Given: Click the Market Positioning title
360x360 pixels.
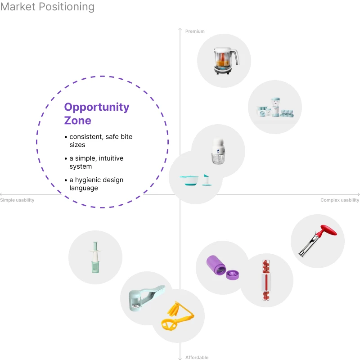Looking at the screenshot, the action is click(47, 7).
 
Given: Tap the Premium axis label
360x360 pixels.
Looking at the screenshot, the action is click(195, 31).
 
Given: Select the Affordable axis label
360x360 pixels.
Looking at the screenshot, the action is click(197, 358).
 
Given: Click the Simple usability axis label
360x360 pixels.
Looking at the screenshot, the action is click(17, 200).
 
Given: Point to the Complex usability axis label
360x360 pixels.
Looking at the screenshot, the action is click(340, 200).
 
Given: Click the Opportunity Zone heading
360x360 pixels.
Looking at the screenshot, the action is click(96, 114).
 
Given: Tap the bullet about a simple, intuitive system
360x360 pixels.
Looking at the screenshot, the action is click(95, 162).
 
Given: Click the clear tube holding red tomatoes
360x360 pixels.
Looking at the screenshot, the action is click(266, 279).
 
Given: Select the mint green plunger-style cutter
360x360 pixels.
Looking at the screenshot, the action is click(95, 257).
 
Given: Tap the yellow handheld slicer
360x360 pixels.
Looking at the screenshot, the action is click(177, 315).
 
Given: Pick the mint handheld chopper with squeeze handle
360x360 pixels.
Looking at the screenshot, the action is click(145, 297).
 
